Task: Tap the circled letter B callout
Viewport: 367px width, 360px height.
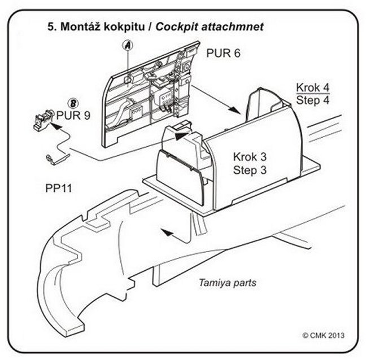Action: (72, 104)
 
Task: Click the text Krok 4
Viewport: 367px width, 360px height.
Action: (313, 88)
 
